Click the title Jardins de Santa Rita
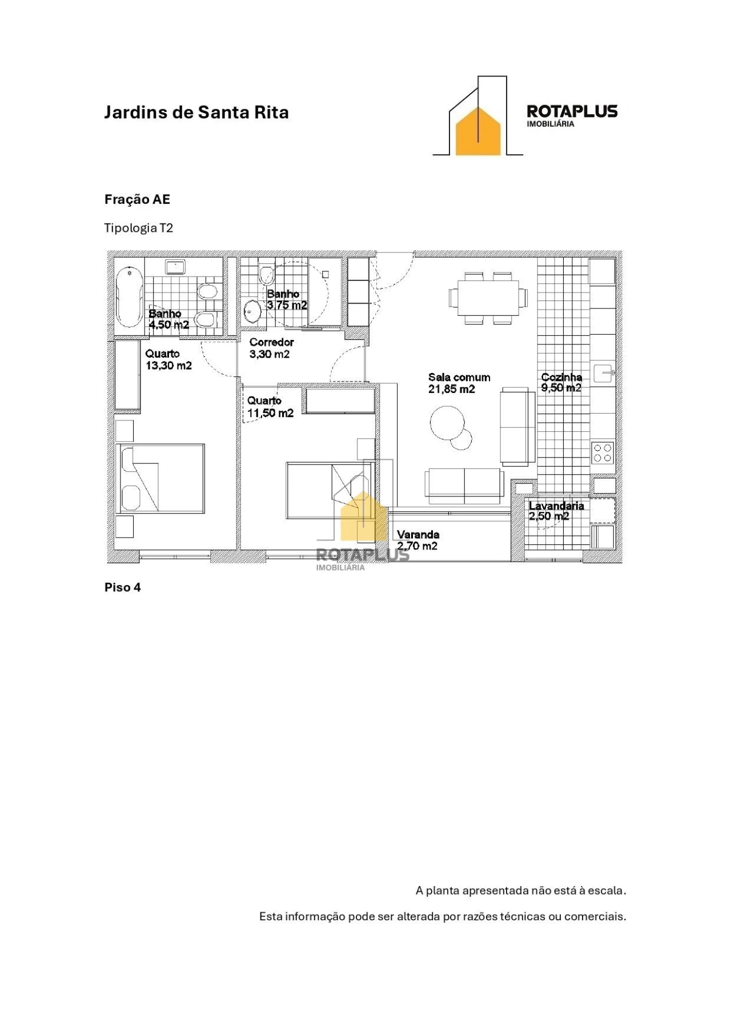(x=196, y=112)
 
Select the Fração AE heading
(x=137, y=199)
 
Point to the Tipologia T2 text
(x=138, y=228)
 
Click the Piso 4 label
(x=122, y=587)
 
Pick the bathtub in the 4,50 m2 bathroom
(x=129, y=296)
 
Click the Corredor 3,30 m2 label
(x=271, y=348)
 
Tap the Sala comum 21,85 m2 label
(x=459, y=383)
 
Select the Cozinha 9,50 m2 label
(x=561, y=382)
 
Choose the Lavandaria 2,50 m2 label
(x=556, y=511)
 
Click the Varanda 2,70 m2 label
(x=417, y=540)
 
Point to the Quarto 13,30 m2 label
(x=168, y=359)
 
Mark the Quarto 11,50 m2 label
(x=270, y=407)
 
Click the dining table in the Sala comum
(x=488, y=297)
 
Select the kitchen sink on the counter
(x=604, y=374)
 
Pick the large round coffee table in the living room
(x=447, y=423)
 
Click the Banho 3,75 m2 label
(x=287, y=299)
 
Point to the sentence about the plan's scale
(x=520, y=890)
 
